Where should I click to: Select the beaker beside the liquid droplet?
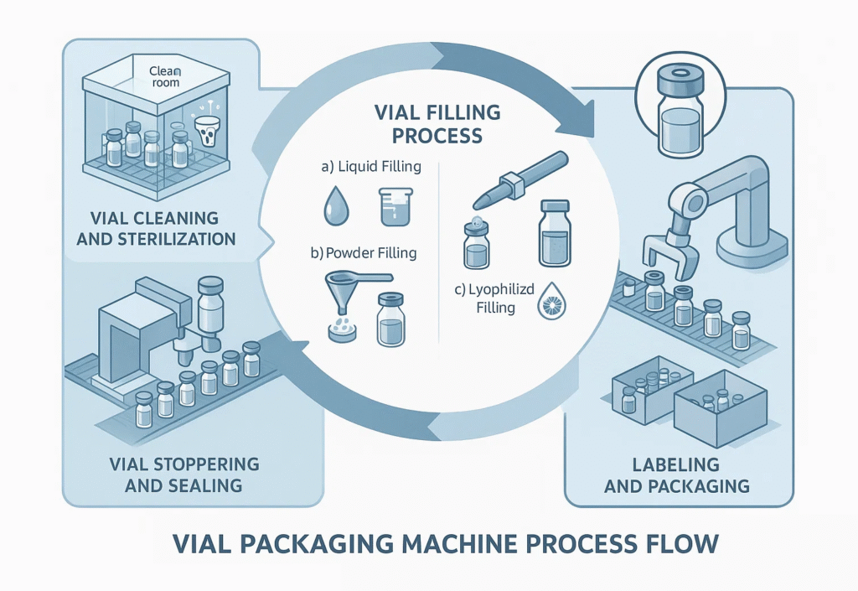pos(390,205)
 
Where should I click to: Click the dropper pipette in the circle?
pos(511,179)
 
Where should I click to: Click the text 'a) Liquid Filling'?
pos(370,166)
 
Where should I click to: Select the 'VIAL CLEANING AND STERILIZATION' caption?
pos(156,228)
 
